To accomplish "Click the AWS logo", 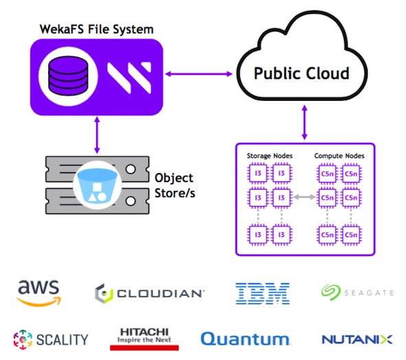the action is [x=38, y=293].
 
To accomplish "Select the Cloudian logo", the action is [x=150, y=293].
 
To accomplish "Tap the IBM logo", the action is [x=262, y=293].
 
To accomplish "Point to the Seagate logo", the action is [x=357, y=293].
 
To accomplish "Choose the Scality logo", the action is [x=51, y=339].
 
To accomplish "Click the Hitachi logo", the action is [x=144, y=339].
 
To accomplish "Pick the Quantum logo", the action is [x=245, y=339].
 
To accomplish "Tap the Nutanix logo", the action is [x=357, y=339].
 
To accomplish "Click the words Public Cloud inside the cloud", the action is [x=302, y=74].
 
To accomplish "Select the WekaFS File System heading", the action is [x=96, y=30].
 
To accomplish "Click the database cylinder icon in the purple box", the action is [x=68, y=76].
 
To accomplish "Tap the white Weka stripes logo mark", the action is [x=129, y=78].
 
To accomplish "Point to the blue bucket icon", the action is [x=98, y=185].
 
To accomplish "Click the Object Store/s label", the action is [x=174, y=185].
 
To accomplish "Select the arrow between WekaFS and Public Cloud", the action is [x=199, y=74].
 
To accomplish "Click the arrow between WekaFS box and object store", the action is [x=97, y=135].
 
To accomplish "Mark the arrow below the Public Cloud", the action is [x=305, y=122].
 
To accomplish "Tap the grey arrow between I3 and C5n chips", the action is [x=304, y=197].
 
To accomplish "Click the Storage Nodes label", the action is [x=269, y=156].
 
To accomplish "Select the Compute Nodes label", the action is [x=339, y=156].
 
